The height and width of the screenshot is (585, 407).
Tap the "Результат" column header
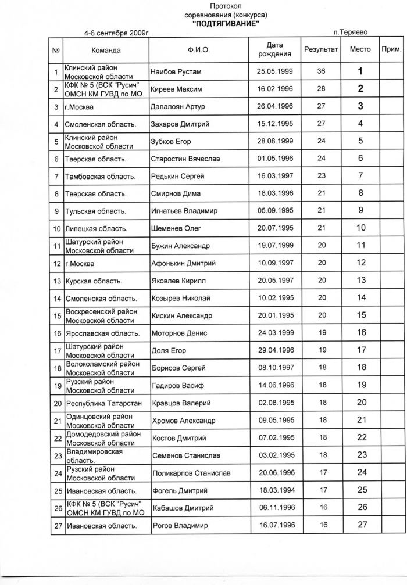[321, 50]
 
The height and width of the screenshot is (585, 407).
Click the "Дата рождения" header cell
[274, 50]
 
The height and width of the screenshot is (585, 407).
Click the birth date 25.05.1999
[274, 72]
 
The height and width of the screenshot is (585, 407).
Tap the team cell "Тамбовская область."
[100, 176]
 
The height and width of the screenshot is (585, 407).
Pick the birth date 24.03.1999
[274, 333]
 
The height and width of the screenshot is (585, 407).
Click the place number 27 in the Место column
[362, 525]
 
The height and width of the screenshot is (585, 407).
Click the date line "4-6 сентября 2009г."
[117, 34]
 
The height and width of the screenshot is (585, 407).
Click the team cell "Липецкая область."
[97, 228]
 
